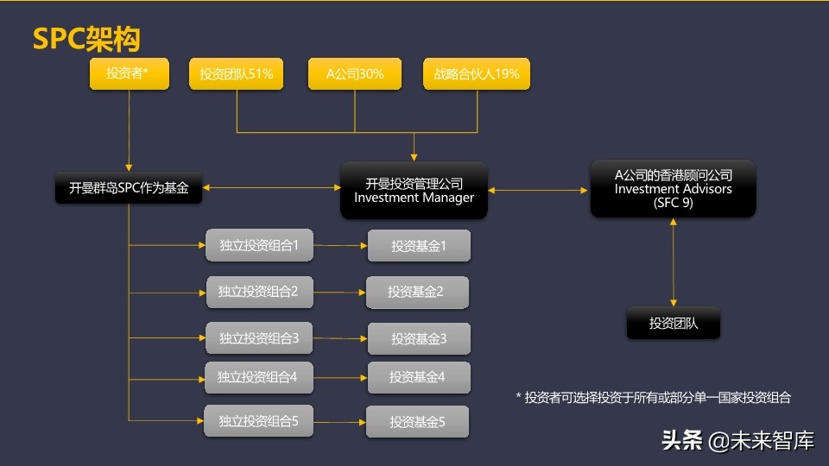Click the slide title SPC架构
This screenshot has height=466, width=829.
click(85, 38)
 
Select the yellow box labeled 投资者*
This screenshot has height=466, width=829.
click(128, 74)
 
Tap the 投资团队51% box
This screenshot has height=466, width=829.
click(237, 74)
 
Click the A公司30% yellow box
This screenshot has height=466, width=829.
click(355, 74)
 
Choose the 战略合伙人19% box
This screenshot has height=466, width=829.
click(476, 74)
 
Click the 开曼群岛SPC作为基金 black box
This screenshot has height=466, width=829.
click(129, 187)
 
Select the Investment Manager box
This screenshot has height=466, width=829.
click(414, 190)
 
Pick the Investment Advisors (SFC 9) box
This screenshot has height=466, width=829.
click(673, 189)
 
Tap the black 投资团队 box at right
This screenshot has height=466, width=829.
click(673, 324)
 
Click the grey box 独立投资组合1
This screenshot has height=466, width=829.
click(258, 245)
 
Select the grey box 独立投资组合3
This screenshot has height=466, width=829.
click(258, 337)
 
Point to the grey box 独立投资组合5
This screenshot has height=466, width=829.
click(258, 421)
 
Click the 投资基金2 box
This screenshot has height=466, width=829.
click(416, 292)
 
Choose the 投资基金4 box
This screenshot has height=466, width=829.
click(418, 377)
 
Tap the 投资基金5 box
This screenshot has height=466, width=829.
click(417, 422)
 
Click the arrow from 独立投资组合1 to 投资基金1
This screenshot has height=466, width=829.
click(339, 246)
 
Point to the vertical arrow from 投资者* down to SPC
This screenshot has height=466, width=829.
click(128, 129)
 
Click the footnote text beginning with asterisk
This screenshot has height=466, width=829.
click(653, 397)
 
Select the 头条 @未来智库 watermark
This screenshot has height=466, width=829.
click(738, 441)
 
